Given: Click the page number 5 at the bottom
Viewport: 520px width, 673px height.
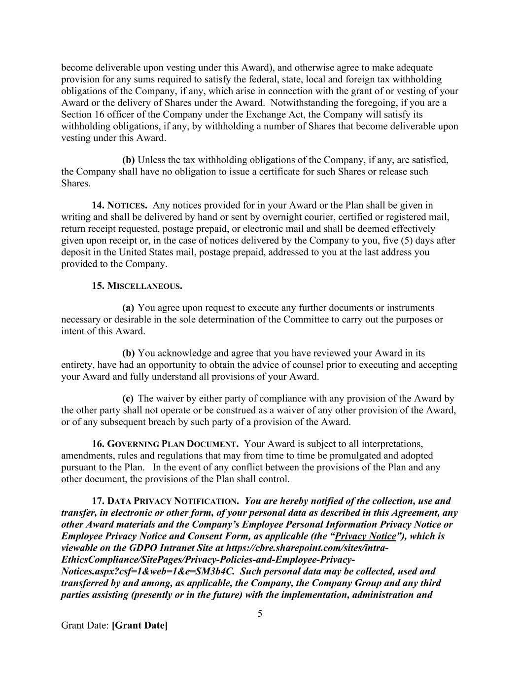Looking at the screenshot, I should click(x=260, y=614).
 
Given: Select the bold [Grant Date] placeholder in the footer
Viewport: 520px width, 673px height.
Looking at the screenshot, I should click(x=139, y=626).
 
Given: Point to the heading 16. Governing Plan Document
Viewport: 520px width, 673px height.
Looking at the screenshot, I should click(x=166, y=444).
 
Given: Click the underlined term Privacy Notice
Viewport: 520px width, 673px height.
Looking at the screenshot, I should click(x=365, y=536).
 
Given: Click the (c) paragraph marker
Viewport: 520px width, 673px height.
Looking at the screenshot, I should click(x=128, y=398).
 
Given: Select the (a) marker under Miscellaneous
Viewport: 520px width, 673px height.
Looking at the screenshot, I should click(x=128, y=308).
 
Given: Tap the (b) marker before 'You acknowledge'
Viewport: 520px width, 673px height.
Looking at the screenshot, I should click(x=128, y=353).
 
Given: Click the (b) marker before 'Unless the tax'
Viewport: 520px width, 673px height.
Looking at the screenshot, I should click(x=128, y=160).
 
